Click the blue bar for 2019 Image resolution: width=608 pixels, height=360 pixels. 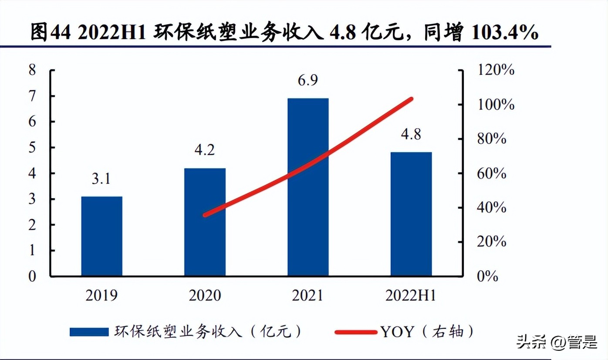click(101, 236)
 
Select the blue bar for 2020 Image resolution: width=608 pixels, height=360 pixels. click(205, 222)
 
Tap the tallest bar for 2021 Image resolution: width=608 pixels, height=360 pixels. click(307, 187)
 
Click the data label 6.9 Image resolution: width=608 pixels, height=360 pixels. click(307, 81)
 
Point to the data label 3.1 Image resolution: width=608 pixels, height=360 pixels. click(101, 179)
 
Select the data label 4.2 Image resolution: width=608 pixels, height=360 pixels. click(205, 150)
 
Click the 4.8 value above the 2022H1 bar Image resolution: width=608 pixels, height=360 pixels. click(411, 134)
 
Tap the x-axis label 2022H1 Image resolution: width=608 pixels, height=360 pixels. click(411, 296)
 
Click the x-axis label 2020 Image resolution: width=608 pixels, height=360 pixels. click(205, 296)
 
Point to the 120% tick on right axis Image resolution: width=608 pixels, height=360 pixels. click(495, 70)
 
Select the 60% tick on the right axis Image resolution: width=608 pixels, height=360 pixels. click(492, 173)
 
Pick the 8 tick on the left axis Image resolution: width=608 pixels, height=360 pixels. click(32, 70)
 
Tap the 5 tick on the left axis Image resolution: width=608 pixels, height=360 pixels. click(32, 147)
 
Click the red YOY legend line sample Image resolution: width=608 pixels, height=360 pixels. click(356, 332)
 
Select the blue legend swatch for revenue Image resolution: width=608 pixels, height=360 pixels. click(89, 332)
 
